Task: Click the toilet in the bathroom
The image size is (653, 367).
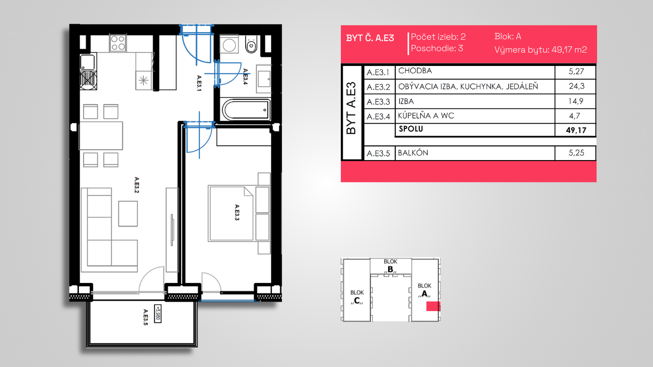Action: pos(251,44)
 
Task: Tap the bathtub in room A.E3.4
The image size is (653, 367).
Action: pos(246,109)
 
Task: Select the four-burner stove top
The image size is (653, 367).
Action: pos(118,43)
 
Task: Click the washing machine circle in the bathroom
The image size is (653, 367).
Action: pos(229,45)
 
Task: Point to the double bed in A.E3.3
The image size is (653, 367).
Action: pos(230,214)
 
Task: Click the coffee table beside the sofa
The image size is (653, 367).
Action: pos(128,214)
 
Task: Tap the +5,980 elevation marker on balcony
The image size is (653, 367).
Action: pos(158,313)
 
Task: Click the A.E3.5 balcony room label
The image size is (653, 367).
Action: pos(145,317)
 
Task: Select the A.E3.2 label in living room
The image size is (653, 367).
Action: pos(136,185)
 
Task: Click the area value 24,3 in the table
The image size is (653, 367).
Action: pos(577,86)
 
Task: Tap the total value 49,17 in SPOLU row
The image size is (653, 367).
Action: pos(576,130)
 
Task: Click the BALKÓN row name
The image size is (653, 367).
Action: pos(413,153)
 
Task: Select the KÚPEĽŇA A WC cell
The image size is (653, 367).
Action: pos(426,116)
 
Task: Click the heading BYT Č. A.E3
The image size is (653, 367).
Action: pos(370,38)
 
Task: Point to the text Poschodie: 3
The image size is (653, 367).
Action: pos(437,48)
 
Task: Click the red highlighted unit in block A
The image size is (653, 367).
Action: pos(433,306)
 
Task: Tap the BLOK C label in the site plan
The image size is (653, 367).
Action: pos(357,297)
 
